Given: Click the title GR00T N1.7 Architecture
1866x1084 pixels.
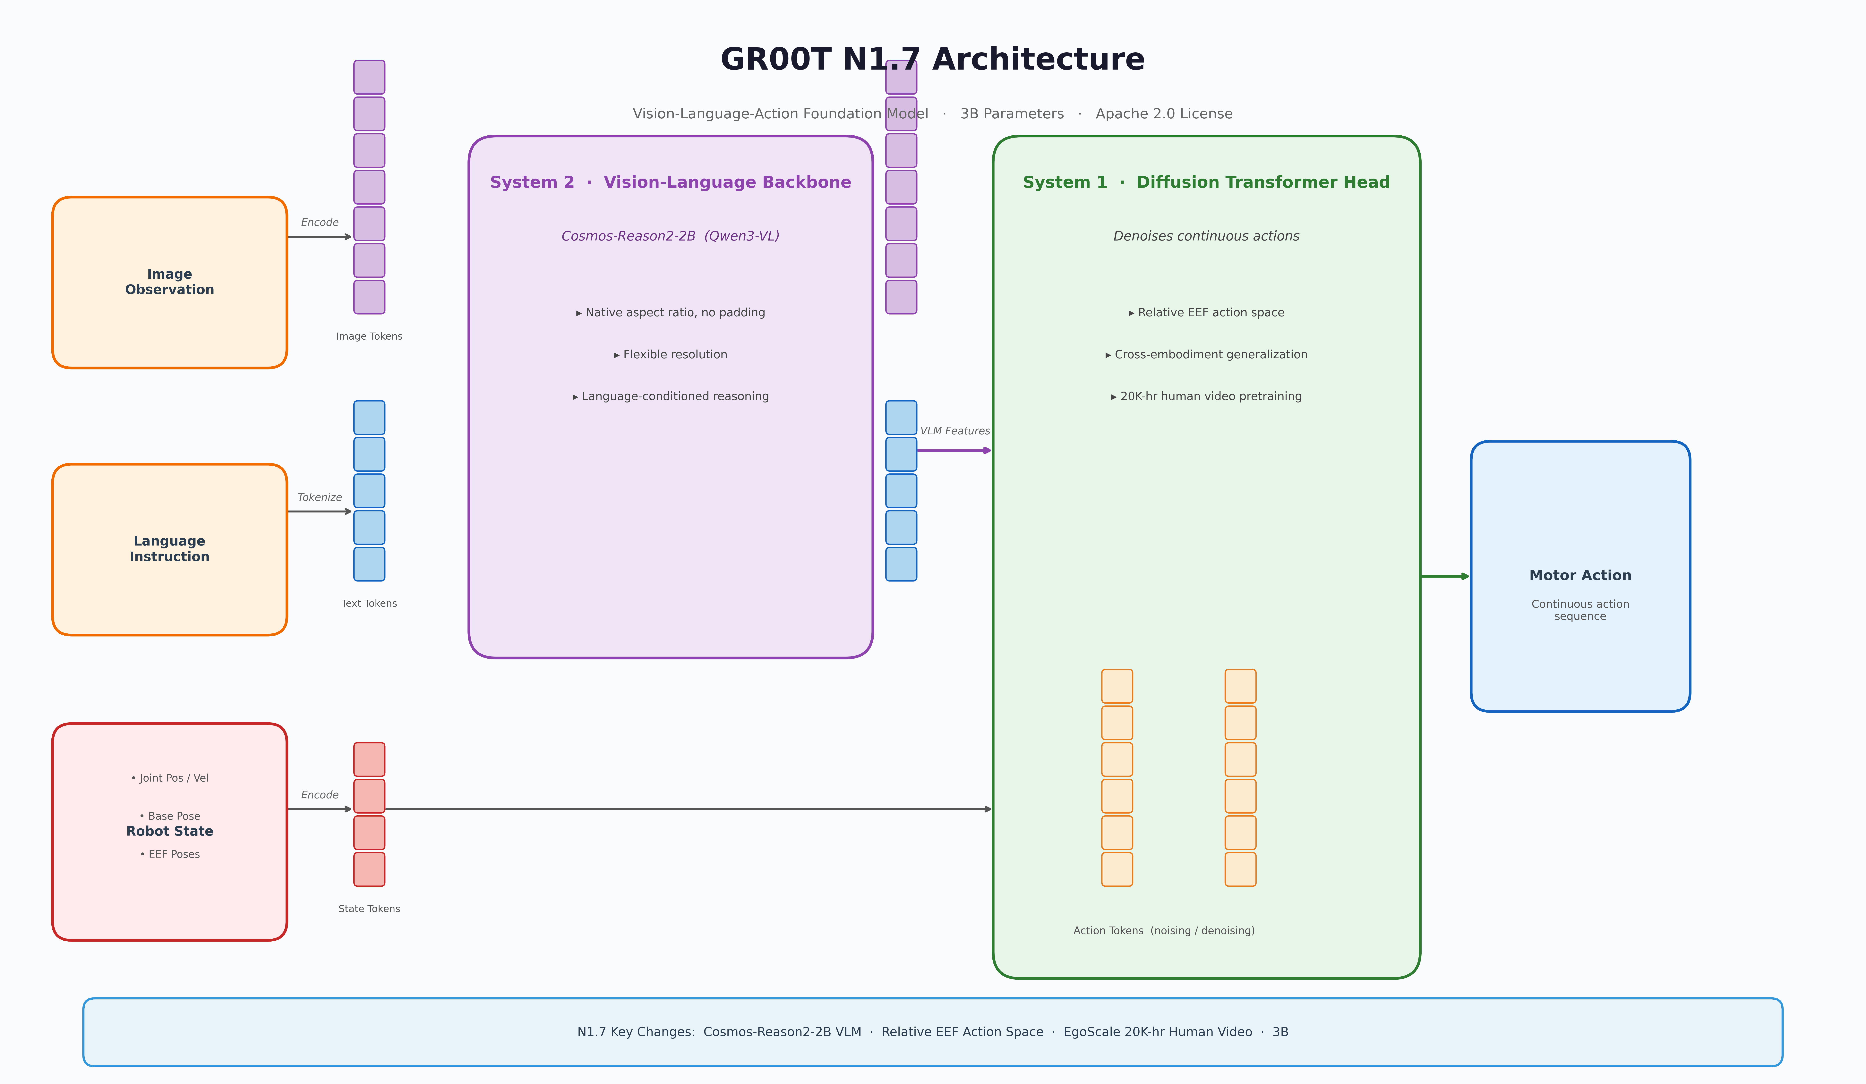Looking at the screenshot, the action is point(932,59).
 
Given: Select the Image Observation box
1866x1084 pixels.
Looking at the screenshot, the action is point(170,282).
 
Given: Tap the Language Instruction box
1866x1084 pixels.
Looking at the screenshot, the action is point(170,549).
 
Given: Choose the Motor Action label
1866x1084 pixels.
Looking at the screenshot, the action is point(1580,575).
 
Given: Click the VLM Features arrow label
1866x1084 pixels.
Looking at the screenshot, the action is point(954,431).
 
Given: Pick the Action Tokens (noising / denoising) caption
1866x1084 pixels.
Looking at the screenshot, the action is point(1164,931).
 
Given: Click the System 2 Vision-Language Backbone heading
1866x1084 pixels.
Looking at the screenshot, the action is point(671,182).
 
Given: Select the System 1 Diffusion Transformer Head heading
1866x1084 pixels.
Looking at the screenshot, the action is point(1206,182).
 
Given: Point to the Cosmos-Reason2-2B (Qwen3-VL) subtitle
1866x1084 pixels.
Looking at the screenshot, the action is point(671,236).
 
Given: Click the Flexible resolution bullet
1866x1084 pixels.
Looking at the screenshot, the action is point(671,355).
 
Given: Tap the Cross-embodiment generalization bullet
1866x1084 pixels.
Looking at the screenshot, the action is point(1206,355).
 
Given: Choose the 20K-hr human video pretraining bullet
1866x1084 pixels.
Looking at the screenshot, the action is point(1206,396).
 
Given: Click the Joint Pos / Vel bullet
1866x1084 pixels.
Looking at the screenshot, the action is point(170,778).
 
